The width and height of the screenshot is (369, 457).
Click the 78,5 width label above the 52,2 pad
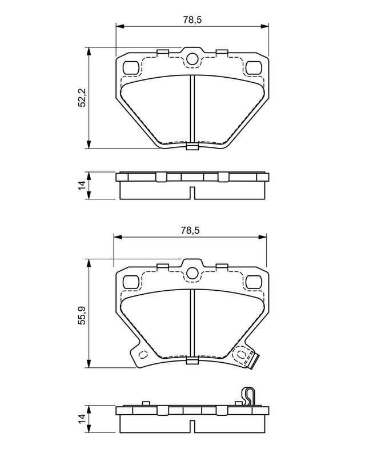click(x=192, y=19)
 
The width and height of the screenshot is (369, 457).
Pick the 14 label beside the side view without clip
click(x=82, y=185)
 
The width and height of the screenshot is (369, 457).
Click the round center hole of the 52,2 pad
click(x=192, y=58)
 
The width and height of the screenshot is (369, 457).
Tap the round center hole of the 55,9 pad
click(x=192, y=272)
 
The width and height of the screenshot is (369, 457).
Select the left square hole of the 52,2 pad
click(x=131, y=67)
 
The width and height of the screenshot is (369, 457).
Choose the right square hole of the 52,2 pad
click(x=253, y=67)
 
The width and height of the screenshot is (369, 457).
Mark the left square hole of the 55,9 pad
click(x=131, y=281)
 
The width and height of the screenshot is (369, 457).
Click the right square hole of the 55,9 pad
click(x=253, y=281)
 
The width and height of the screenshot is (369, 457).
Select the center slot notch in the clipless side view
click(x=192, y=193)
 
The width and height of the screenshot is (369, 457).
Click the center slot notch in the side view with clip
click(x=192, y=426)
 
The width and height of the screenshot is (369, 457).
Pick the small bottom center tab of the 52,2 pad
click(x=192, y=148)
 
